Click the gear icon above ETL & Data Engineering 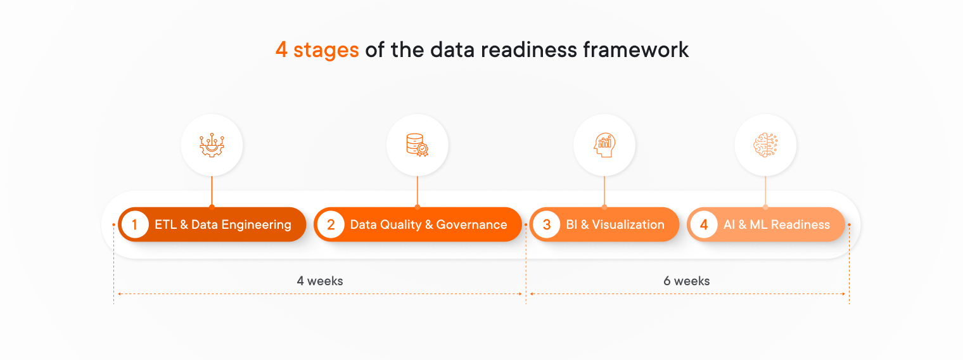(x=212, y=145)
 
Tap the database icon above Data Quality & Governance (x=417, y=145)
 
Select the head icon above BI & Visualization (x=604, y=145)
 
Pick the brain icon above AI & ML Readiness (x=765, y=145)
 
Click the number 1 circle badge (x=134, y=224)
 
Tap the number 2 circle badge (x=331, y=224)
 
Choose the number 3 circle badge (x=546, y=224)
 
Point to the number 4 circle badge (x=703, y=224)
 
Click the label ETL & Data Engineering (x=223, y=224)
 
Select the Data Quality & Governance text (x=428, y=224)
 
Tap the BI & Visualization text (x=615, y=224)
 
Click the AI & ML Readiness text (x=777, y=224)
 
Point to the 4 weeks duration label (x=320, y=281)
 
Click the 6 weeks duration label (x=687, y=281)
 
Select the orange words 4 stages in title (x=317, y=49)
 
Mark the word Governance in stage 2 (x=471, y=224)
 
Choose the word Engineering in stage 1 (x=257, y=224)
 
